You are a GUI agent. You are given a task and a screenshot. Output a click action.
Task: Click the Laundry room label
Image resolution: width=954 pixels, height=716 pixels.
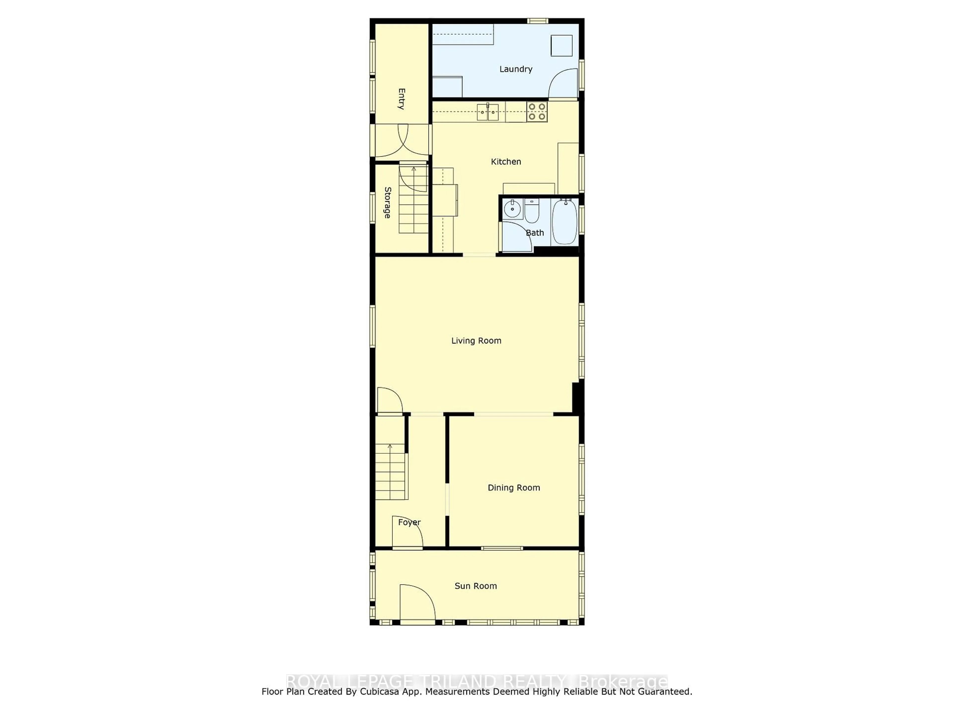click(516, 69)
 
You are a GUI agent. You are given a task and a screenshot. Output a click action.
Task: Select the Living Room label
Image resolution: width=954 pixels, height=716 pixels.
click(476, 341)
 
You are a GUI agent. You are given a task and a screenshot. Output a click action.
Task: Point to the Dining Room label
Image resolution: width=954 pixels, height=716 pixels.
click(514, 488)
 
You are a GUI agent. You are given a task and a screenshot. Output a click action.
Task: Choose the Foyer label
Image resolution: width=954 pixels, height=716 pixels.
click(409, 522)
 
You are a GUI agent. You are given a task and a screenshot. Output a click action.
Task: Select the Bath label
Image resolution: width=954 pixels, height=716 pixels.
click(535, 233)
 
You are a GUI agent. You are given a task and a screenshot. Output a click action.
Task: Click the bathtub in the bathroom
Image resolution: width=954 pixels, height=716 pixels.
click(564, 222)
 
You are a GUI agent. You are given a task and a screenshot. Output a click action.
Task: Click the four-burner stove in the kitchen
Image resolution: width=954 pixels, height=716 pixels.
click(537, 111)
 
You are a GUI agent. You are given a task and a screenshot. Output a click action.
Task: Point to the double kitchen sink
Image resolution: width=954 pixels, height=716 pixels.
click(488, 112)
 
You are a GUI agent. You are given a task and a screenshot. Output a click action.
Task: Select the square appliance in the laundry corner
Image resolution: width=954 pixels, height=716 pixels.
click(561, 46)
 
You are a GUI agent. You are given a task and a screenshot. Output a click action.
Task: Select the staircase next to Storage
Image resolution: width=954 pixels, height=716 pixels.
click(413, 201)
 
